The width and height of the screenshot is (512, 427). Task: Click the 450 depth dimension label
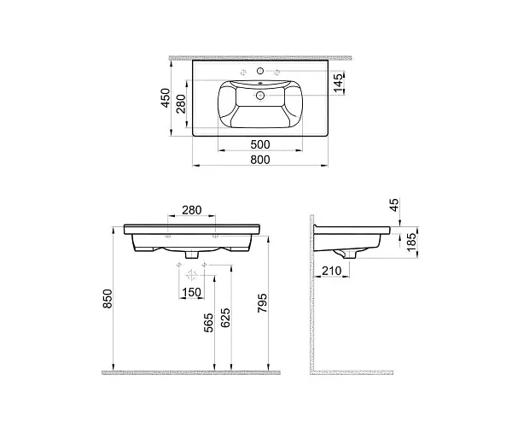click(166, 97)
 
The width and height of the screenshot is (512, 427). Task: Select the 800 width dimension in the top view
click(260, 160)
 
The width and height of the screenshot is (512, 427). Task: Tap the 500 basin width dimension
click(260, 144)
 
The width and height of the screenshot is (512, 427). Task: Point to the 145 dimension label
click(339, 82)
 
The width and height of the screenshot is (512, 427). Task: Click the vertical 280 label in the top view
click(181, 103)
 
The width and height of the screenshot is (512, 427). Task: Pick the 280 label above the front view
click(192, 210)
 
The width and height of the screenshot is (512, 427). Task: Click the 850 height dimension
click(108, 298)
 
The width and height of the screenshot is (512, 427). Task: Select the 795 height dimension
click(262, 303)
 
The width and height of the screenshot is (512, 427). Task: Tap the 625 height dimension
click(225, 318)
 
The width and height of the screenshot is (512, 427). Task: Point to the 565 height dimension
click(208, 323)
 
